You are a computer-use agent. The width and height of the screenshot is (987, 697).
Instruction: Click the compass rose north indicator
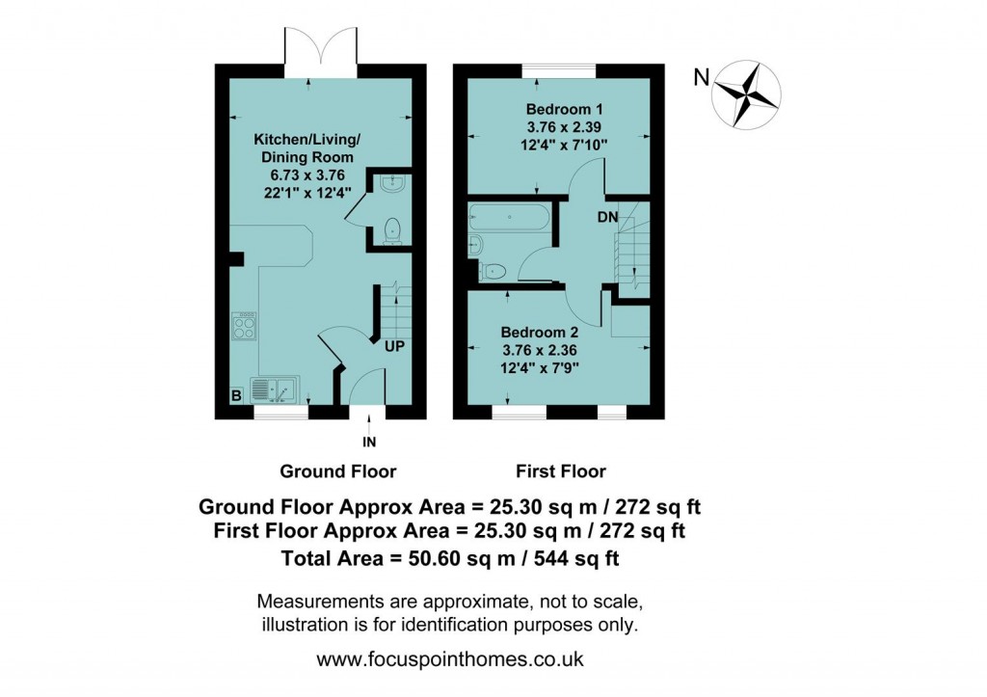[x=746, y=94]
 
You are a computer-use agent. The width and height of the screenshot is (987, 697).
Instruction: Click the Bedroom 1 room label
[x=559, y=108]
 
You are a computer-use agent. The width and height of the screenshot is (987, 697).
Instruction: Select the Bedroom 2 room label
[x=540, y=333]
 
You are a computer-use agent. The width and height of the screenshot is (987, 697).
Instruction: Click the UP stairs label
[x=394, y=345]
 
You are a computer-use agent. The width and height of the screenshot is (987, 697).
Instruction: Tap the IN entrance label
[x=368, y=442]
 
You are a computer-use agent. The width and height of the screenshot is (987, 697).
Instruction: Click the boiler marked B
[x=234, y=395]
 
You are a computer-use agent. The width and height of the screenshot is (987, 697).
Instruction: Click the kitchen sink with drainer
[x=275, y=389]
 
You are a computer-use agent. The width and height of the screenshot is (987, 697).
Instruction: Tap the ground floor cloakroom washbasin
[x=391, y=183]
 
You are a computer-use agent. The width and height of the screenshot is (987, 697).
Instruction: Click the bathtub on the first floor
[x=508, y=219]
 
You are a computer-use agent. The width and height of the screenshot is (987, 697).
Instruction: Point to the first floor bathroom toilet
[x=491, y=271]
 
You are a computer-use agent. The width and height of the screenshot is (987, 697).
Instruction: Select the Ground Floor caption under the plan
[x=337, y=471]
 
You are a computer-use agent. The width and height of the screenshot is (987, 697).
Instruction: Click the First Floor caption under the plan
[x=561, y=471]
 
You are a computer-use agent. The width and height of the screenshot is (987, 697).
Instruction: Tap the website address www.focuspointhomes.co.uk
[x=450, y=661]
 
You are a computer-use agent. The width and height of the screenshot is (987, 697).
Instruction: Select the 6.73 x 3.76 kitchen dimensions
[x=304, y=174]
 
